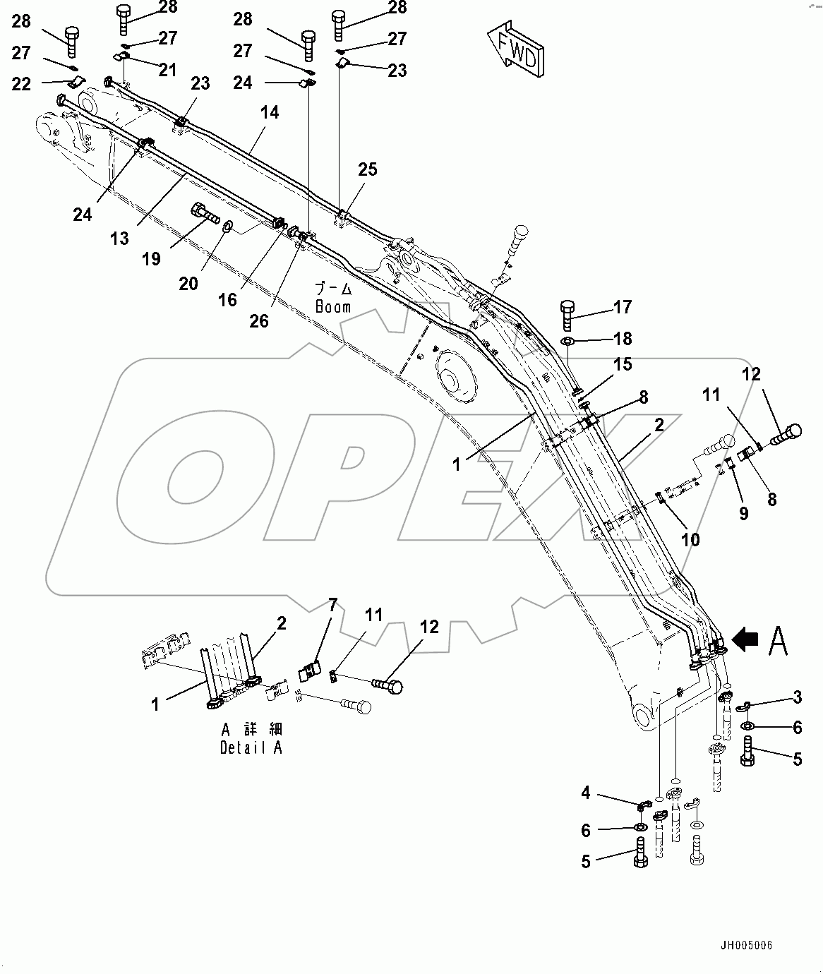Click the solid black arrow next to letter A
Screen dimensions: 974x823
coord(745,639)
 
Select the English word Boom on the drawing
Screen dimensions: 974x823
coord(333,307)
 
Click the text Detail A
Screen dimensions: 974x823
coord(251,748)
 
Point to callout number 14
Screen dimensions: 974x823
coord(270,112)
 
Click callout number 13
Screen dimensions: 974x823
coord(119,239)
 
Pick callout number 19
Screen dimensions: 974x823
coord(151,259)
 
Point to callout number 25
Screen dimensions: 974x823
coord(368,169)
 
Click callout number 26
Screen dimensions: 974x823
coord(259,320)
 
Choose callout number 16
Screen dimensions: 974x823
coord(227,300)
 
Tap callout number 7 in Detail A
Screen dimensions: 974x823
coord(332,605)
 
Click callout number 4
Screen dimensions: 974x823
coord(586,793)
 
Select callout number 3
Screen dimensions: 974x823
coord(798,697)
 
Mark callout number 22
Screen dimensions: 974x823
coord(22,84)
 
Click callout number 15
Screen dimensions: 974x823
coord(623,364)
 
